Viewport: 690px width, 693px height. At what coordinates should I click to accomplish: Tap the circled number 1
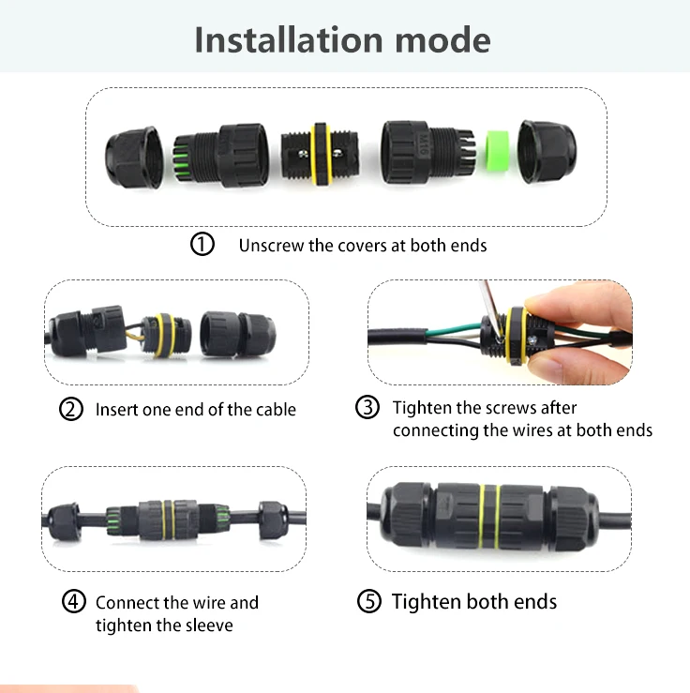202,245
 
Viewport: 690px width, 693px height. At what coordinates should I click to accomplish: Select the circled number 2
71,410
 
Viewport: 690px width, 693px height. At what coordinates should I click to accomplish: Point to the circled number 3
367,408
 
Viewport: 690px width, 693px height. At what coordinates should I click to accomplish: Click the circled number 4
74,602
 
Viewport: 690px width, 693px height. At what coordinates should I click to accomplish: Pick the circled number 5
370,602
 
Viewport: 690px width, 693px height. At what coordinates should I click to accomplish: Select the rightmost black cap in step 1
547,150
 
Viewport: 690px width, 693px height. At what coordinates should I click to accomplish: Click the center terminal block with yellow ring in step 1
319,150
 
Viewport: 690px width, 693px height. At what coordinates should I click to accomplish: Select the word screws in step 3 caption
502,408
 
